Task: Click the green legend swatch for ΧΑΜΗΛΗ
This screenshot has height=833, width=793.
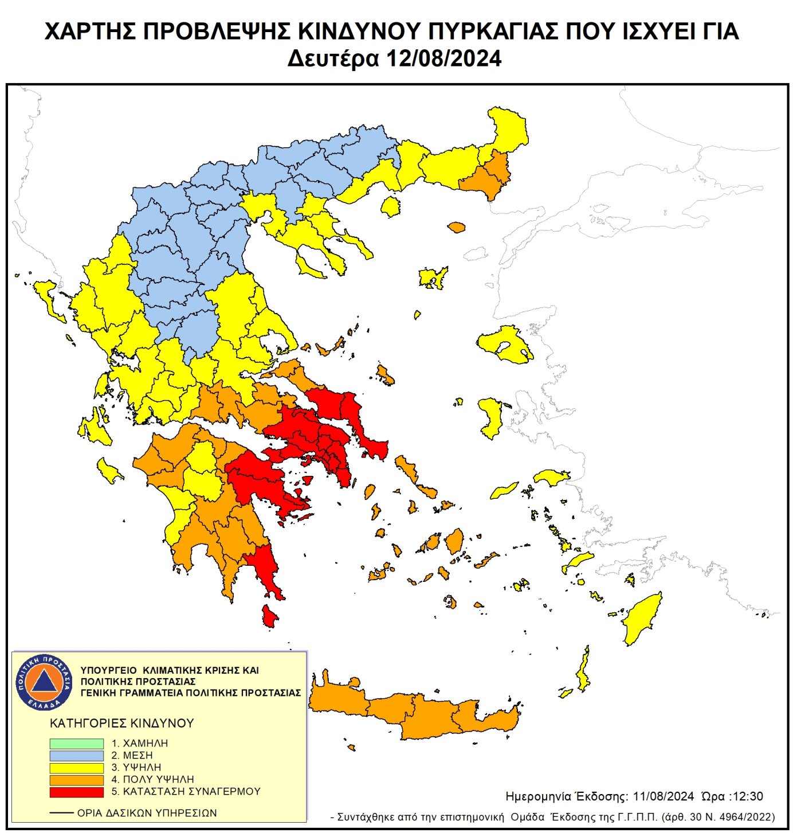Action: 76,743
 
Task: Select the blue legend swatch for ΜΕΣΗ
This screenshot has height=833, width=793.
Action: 76,755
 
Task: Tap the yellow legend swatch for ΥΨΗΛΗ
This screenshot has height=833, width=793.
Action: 76,767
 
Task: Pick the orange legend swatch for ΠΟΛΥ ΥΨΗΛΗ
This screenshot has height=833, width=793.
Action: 76,780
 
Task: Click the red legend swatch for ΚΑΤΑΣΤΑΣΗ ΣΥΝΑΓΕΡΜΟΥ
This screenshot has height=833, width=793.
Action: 76,792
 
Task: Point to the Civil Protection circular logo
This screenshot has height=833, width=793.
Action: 44,682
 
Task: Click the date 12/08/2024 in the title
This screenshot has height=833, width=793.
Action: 443,58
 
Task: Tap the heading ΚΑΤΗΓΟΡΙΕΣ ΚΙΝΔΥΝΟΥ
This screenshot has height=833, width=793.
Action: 122,723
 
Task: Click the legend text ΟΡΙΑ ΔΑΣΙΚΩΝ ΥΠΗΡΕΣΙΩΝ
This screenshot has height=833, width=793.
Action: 147,813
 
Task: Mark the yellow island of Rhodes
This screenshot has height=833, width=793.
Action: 643,619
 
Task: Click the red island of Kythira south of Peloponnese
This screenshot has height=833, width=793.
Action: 268,616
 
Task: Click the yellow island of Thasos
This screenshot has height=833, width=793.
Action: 391,206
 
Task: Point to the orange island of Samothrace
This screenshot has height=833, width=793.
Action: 456,228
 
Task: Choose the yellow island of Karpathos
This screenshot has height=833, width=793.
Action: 583,671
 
